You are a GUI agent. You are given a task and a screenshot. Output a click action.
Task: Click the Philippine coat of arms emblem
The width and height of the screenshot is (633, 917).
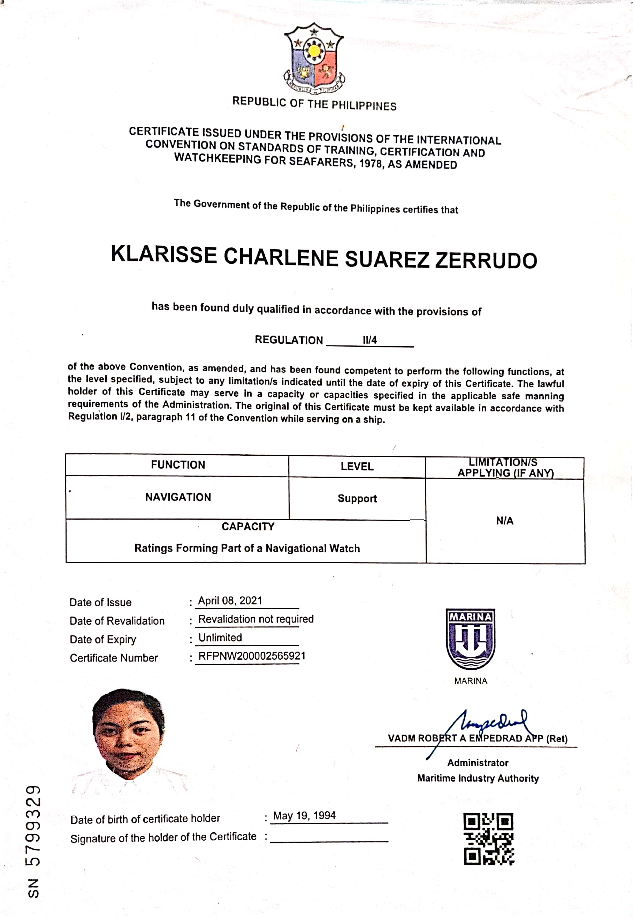[314, 58]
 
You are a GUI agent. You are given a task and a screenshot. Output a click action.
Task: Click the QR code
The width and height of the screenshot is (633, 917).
[488, 838]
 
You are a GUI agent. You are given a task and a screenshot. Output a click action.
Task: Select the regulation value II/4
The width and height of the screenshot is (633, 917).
[369, 340]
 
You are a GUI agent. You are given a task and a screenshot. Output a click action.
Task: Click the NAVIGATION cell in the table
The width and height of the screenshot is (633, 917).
[178, 497]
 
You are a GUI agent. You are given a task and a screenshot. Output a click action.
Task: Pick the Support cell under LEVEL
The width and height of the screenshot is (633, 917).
[357, 499]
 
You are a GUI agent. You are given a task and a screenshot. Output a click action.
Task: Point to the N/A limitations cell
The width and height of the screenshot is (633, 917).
[504, 521]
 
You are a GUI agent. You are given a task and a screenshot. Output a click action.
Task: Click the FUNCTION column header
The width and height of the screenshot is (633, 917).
[178, 465]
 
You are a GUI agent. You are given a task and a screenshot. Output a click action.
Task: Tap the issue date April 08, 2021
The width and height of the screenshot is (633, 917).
[230, 601]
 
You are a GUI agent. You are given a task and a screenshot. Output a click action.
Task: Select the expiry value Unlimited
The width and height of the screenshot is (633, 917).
[220, 638]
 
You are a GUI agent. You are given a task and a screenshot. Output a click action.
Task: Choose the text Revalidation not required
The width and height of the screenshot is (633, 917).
[256, 619]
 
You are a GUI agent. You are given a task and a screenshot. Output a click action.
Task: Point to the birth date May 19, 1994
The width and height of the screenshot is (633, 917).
[304, 815]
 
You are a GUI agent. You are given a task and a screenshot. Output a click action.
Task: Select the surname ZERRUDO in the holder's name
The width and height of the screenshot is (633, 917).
[486, 260]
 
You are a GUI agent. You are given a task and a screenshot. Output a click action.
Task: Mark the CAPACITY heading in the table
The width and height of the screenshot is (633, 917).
[248, 527]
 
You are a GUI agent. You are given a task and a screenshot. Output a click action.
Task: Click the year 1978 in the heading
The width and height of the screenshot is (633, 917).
[371, 164]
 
